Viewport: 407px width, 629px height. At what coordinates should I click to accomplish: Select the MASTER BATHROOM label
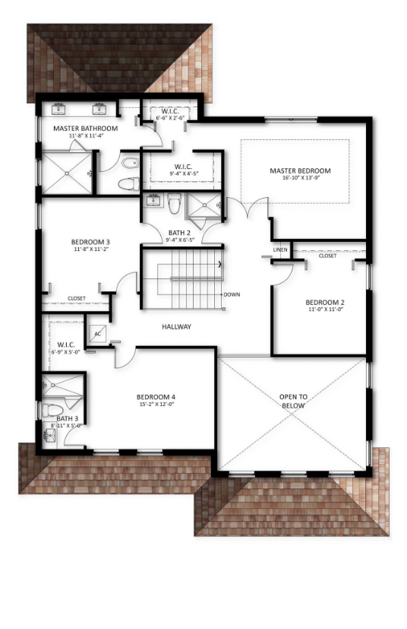[85, 129]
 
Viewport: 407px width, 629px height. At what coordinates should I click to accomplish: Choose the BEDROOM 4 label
[156, 397]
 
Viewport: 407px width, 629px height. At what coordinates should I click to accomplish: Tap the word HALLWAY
[176, 327]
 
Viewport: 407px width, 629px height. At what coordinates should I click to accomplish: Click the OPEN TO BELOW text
[293, 401]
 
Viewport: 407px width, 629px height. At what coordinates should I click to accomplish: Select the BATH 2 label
[180, 232]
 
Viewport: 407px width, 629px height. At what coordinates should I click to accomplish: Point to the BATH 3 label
[67, 418]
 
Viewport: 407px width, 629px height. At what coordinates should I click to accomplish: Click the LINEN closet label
[280, 249]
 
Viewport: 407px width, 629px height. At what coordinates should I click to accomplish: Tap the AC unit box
[97, 333]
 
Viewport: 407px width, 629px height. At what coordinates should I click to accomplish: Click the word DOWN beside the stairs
[232, 294]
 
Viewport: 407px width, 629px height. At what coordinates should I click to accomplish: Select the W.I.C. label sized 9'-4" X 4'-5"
[183, 167]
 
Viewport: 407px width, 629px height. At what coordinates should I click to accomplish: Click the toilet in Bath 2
[175, 204]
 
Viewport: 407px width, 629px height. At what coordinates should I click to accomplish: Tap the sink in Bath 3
[51, 437]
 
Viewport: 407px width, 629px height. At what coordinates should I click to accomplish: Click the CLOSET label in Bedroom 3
[77, 298]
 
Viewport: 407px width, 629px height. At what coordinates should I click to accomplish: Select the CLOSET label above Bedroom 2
[327, 256]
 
